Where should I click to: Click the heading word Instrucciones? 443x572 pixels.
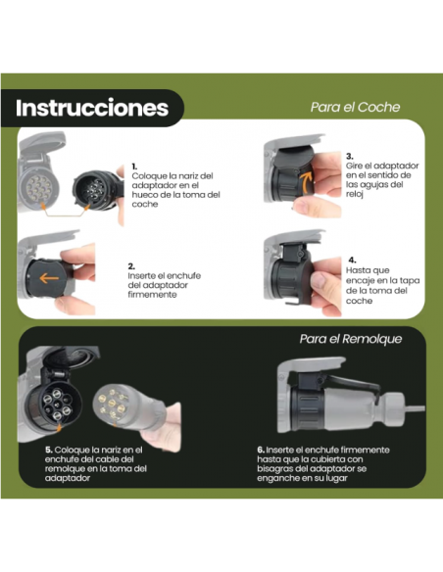[92, 108]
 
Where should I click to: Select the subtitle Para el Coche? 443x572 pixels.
[355, 108]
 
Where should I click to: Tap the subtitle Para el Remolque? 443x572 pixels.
[350, 339]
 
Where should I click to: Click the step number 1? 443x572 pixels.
[134, 167]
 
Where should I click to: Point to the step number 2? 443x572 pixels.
[131, 265]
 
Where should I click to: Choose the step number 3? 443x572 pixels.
[350, 156]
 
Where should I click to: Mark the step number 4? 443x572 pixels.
[352, 261]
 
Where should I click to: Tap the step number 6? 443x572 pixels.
[259, 450]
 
